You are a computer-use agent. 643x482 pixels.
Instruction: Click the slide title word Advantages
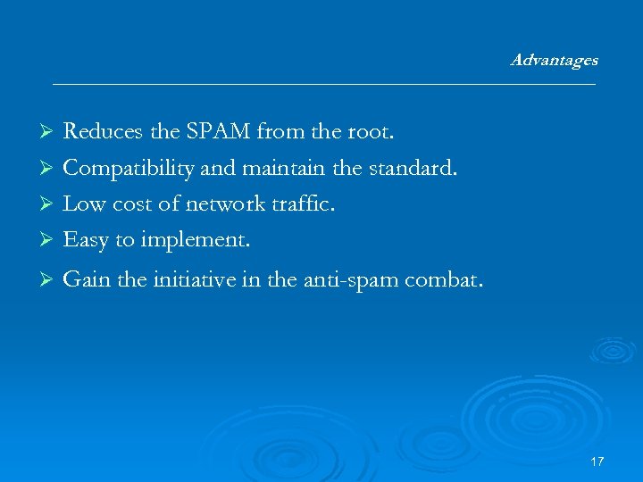click(554, 61)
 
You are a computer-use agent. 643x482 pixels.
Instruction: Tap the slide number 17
click(597, 461)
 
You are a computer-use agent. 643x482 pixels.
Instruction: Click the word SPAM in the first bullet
click(219, 132)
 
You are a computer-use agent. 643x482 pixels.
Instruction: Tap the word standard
click(417, 168)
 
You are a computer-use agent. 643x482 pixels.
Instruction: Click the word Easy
click(86, 239)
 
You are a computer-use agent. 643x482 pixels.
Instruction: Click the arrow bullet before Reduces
click(50, 133)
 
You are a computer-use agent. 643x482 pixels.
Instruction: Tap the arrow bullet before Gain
click(50, 281)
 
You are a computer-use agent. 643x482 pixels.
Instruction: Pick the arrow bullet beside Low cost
click(50, 204)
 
